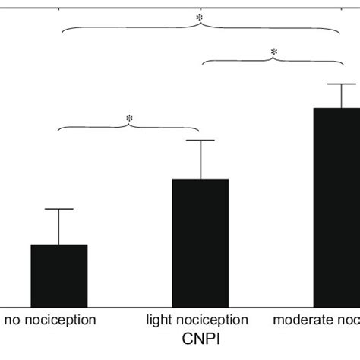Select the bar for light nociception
tap(201, 242)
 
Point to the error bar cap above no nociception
tap(58, 209)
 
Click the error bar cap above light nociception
tap(201, 141)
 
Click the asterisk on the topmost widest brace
tap(200, 17)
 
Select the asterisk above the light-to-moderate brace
tap(274, 52)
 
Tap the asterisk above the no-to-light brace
tap(129, 118)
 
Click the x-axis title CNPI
tap(199, 335)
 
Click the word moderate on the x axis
tap(300, 320)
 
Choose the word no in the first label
tap(13, 320)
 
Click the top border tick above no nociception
tap(58, 4)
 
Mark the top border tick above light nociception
tap(201, 4)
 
